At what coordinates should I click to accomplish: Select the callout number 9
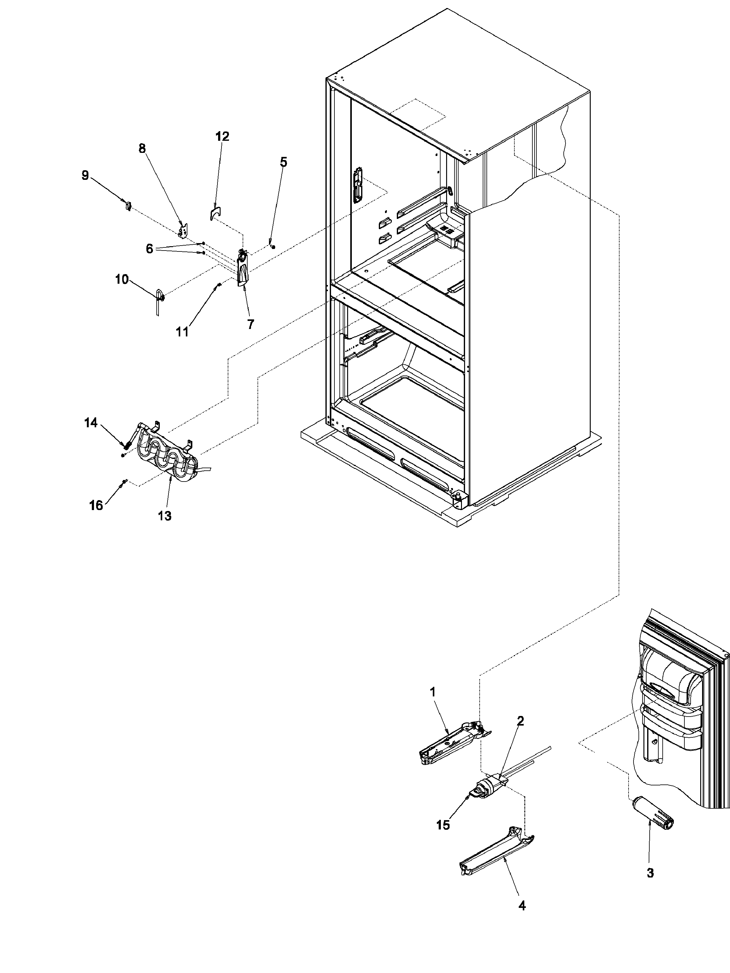point(85,175)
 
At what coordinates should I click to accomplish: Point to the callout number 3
point(650,873)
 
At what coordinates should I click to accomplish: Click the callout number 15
point(443,825)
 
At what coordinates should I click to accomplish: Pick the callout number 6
point(150,249)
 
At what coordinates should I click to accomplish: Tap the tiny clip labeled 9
point(128,205)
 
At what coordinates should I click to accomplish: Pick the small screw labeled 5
point(273,246)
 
